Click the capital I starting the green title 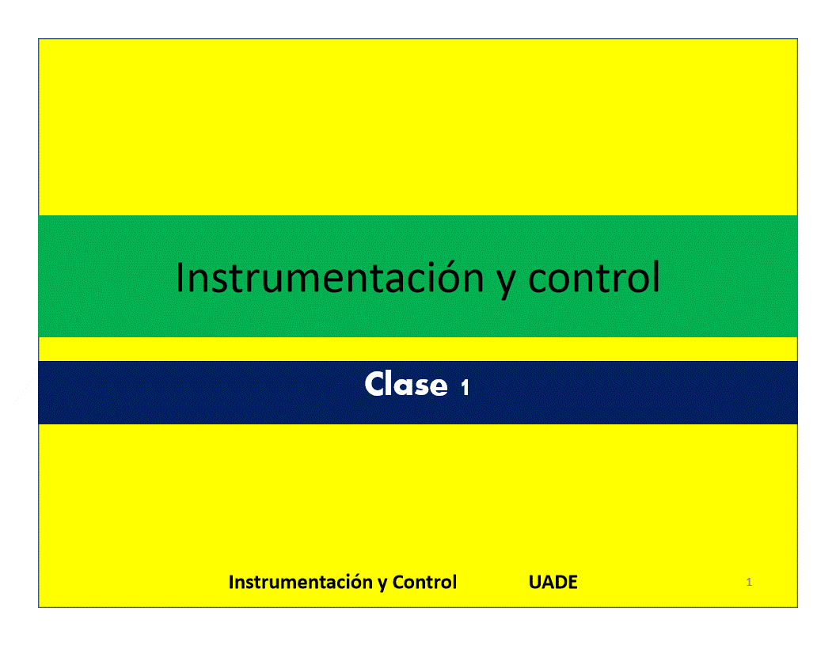180,277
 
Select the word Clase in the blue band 406,384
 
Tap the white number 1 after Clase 465,387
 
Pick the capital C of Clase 375,384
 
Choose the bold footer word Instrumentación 301,582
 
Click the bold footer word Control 424,582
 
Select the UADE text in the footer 553,582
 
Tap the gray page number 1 749,582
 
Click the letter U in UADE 534,582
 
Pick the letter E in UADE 572,582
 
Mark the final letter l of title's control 656,276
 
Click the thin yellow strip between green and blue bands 418,349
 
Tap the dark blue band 213,393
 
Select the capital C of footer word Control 398,582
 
